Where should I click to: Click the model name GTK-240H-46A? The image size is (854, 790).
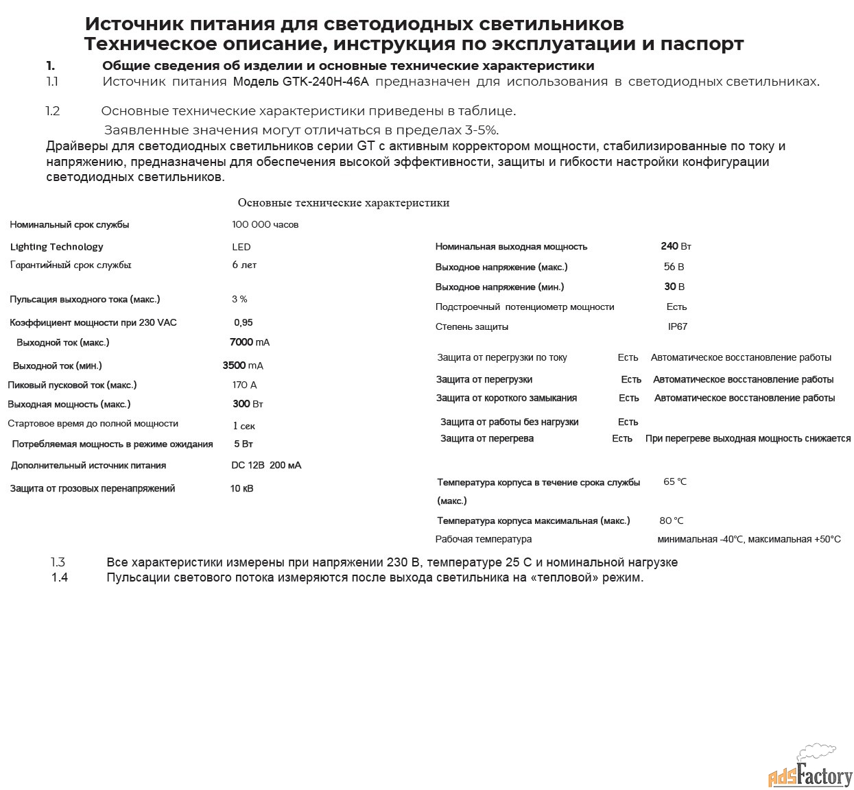coord(326,82)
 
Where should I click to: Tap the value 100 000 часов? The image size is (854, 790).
coord(265,225)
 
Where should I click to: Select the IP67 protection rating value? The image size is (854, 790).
coord(677,327)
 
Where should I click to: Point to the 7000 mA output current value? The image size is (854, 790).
coord(249,342)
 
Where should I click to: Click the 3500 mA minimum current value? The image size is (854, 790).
coord(243,366)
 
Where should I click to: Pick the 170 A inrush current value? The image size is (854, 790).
coord(244,385)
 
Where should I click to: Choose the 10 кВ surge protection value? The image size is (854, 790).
coord(241,489)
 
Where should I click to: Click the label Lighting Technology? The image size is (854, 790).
coord(56,247)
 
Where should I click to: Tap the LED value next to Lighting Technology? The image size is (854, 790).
coord(241,247)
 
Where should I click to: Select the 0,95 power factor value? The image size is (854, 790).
coord(243,323)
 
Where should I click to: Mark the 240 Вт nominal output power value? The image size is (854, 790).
coord(676,246)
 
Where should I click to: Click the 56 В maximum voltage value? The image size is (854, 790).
coord(674,267)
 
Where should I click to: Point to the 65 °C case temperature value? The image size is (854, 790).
coord(674,482)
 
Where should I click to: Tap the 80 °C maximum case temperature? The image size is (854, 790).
coord(671,521)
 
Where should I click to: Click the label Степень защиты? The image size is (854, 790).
coord(471,327)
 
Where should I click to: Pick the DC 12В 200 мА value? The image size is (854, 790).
coord(265,466)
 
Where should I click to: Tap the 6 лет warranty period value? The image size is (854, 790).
coord(244,265)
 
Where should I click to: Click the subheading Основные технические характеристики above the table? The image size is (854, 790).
coord(343,203)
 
